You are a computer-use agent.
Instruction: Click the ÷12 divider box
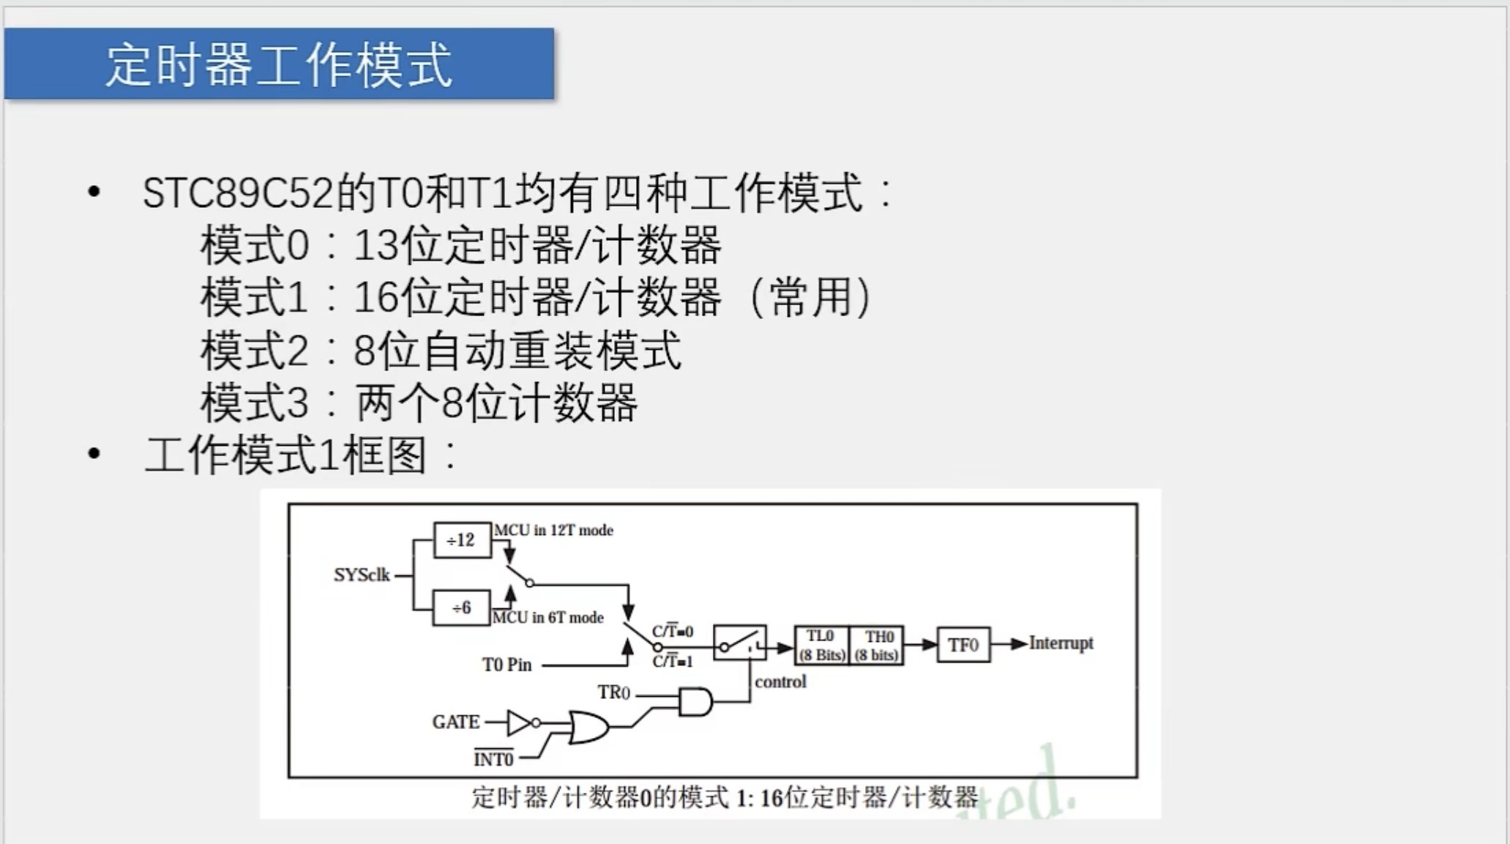(x=462, y=540)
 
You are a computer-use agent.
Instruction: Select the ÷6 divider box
(x=461, y=608)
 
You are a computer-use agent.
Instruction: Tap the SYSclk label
(x=362, y=575)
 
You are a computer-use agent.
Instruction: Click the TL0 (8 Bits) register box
(x=821, y=645)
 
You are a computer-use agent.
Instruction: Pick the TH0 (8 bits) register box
(x=877, y=645)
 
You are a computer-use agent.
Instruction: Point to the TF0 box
(x=963, y=645)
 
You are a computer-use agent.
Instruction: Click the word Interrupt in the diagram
(x=1061, y=643)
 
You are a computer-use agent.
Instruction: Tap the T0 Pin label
(x=507, y=665)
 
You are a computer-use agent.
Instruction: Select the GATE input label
(x=455, y=722)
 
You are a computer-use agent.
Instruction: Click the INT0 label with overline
(x=493, y=759)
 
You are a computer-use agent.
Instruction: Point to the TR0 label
(x=613, y=692)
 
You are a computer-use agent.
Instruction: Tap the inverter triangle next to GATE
(x=520, y=723)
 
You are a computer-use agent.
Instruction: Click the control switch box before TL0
(x=739, y=643)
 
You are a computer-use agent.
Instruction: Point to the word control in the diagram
(x=780, y=681)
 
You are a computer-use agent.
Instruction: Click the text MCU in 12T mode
(x=553, y=530)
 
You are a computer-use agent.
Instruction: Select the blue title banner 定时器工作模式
(x=279, y=64)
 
